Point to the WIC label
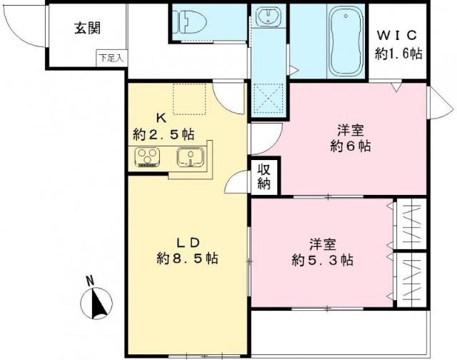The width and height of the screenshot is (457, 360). (398, 34)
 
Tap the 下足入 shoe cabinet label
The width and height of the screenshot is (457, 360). (111, 58)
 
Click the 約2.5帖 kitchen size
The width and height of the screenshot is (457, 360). (164, 134)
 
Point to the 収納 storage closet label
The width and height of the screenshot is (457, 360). (264, 178)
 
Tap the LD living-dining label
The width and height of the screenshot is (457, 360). (189, 241)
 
